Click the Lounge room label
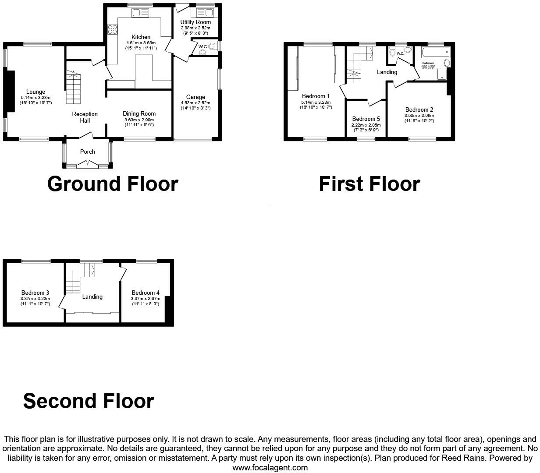[35, 92]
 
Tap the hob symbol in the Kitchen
[112, 30]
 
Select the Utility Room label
[195, 22]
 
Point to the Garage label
[195, 97]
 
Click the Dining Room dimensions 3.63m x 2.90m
[139, 120]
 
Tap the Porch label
[87, 152]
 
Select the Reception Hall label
[85, 117]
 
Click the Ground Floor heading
[113, 184]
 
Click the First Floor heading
[369, 184]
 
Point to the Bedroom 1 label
[316, 96]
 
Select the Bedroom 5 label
[366, 119]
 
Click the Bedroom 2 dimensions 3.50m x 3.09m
[419, 116]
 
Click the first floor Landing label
[387, 72]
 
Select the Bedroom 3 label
[35, 293]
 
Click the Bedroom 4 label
[146, 293]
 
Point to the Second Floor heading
[89, 401]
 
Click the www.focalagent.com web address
[270, 468]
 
